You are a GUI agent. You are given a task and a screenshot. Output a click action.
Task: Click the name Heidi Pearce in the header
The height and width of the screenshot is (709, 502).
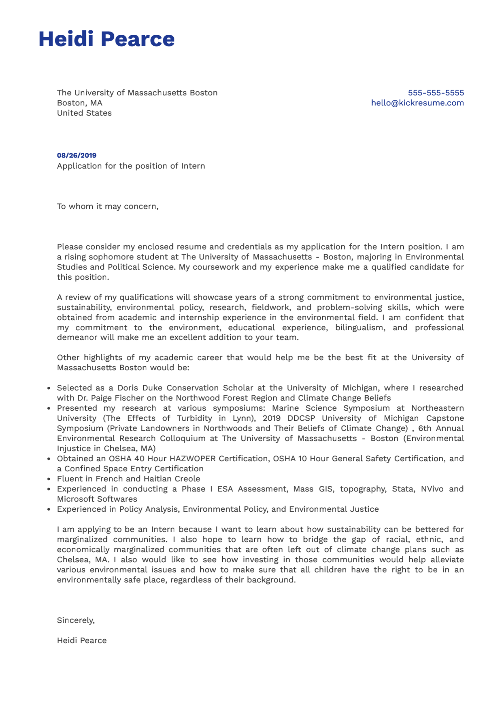(x=106, y=39)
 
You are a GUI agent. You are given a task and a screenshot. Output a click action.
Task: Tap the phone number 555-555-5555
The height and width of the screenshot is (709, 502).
(x=436, y=93)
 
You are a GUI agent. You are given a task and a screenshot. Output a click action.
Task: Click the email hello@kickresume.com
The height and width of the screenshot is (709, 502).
(x=417, y=103)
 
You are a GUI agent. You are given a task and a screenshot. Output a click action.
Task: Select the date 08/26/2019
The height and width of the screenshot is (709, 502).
(x=77, y=155)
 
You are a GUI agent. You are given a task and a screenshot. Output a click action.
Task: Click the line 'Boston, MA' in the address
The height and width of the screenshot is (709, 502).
(x=79, y=103)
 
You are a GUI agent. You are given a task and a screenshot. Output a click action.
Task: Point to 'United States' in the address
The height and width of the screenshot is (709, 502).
(x=84, y=113)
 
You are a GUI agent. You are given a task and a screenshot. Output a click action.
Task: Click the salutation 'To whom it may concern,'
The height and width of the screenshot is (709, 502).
(x=108, y=206)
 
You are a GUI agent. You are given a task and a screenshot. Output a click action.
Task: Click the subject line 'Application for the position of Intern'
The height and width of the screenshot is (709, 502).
(x=131, y=166)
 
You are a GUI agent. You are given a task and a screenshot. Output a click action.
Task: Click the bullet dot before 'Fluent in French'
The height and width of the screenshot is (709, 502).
(x=49, y=479)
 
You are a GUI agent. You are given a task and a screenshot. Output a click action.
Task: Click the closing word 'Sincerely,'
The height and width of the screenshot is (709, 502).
(x=76, y=620)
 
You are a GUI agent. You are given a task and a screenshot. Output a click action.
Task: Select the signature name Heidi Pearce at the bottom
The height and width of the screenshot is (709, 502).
(x=82, y=640)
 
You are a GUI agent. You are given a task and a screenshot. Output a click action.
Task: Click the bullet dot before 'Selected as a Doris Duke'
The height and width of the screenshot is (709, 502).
(x=49, y=388)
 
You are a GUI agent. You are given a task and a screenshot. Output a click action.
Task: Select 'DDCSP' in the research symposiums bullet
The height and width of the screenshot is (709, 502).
(x=301, y=418)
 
